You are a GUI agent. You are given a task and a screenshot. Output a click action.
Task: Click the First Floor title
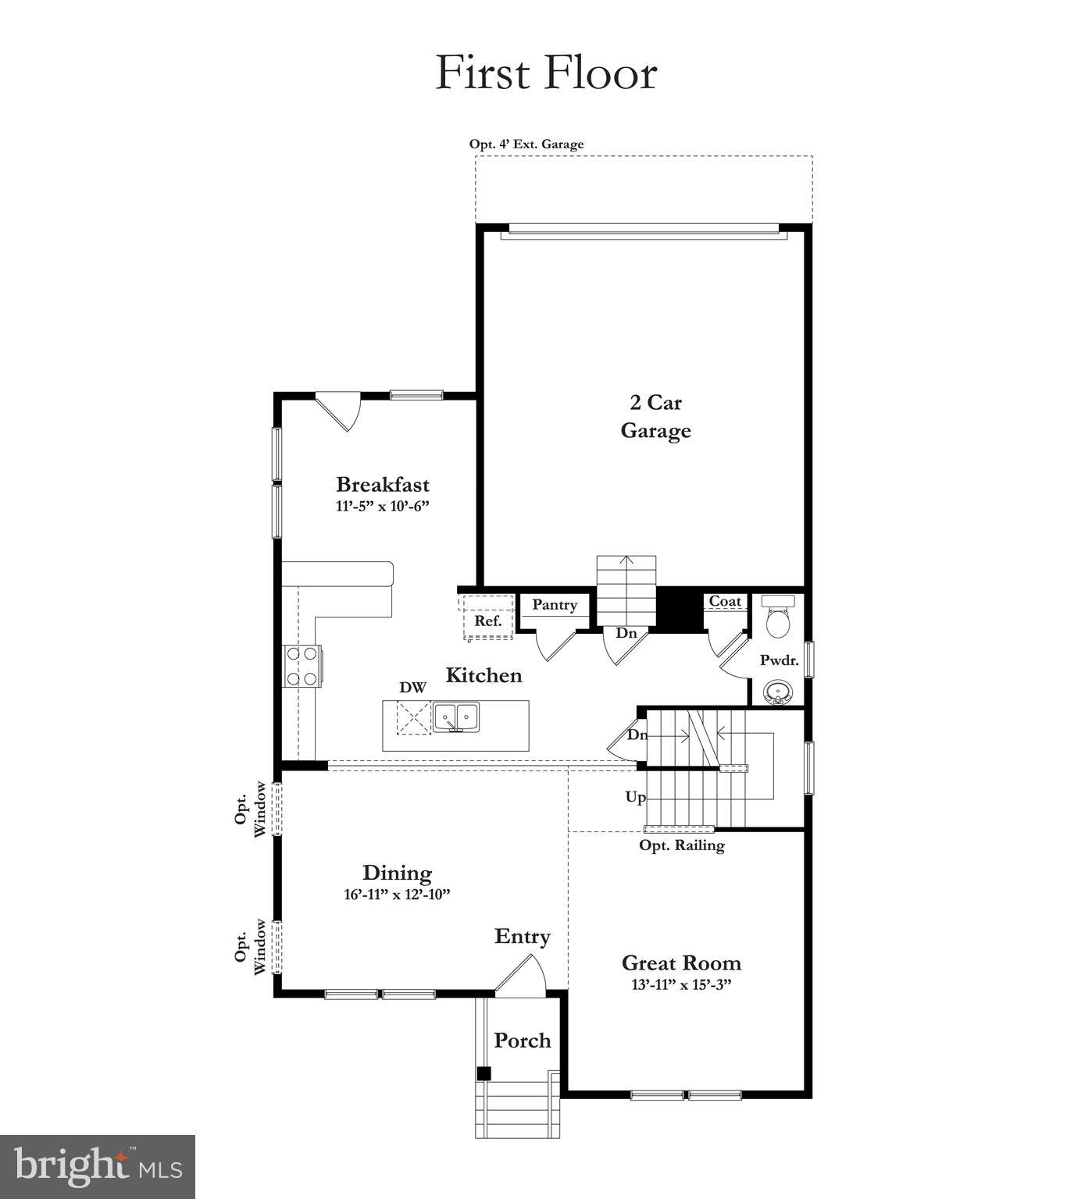tap(546, 73)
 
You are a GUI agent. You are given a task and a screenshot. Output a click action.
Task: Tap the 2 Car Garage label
tap(655, 417)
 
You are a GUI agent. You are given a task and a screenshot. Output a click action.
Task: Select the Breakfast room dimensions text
tap(383, 507)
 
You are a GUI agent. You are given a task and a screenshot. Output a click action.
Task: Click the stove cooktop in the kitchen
tap(302, 666)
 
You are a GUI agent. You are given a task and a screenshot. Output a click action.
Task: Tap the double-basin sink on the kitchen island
tap(456, 717)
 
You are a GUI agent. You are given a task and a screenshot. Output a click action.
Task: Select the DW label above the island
tap(413, 688)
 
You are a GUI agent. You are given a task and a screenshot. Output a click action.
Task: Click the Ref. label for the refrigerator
tap(488, 621)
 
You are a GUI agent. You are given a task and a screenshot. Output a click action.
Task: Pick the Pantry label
tap(555, 605)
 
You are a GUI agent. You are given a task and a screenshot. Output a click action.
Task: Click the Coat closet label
tap(725, 601)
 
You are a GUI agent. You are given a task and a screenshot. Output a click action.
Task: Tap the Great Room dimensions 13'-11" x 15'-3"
tap(681, 985)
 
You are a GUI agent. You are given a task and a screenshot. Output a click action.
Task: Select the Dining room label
tap(397, 873)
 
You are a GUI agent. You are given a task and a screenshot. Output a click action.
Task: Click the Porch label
tap(523, 1041)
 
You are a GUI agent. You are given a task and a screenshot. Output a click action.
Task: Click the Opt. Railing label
tap(682, 845)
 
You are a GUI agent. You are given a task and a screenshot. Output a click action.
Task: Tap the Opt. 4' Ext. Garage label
tap(526, 144)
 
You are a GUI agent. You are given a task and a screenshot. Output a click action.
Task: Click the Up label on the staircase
tap(636, 797)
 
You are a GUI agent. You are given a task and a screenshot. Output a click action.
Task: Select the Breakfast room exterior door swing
tap(340, 410)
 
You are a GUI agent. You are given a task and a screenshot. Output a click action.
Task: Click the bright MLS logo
tap(98, 1167)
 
